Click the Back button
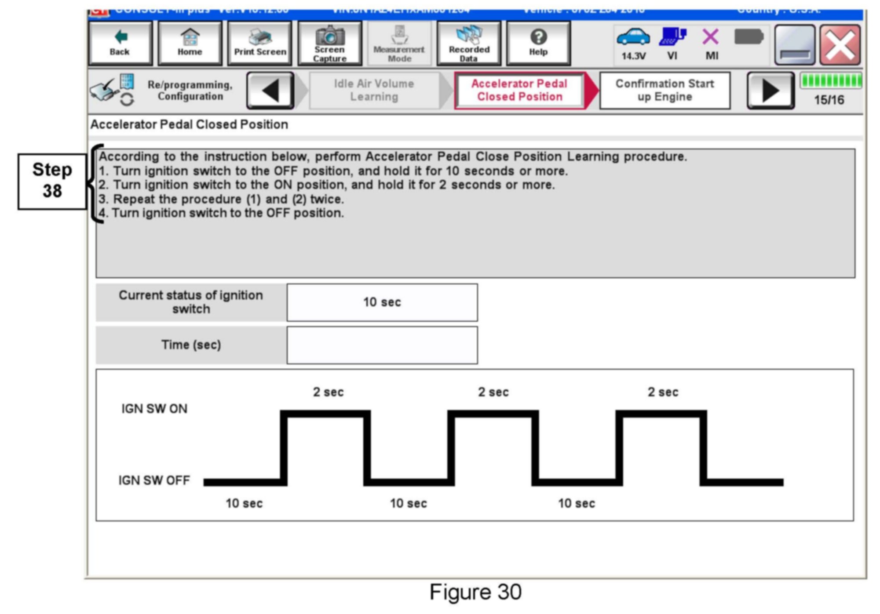[x=120, y=43]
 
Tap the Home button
[x=190, y=43]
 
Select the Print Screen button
[x=260, y=43]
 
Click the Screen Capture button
[x=330, y=43]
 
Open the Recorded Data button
[x=469, y=43]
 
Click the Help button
[x=538, y=43]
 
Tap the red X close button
[x=840, y=45]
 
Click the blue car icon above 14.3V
[x=633, y=37]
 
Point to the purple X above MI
[x=711, y=37]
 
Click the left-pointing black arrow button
[x=270, y=91]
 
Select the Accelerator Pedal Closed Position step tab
[x=519, y=91]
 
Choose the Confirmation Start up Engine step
[x=665, y=91]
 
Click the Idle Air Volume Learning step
[x=374, y=91]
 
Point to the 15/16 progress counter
[x=829, y=100]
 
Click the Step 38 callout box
[x=52, y=181]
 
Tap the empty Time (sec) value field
[x=382, y=345]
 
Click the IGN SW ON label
[x=154, y=409]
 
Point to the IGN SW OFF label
[x=154, y=480]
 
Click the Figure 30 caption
[x=475, y=592]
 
